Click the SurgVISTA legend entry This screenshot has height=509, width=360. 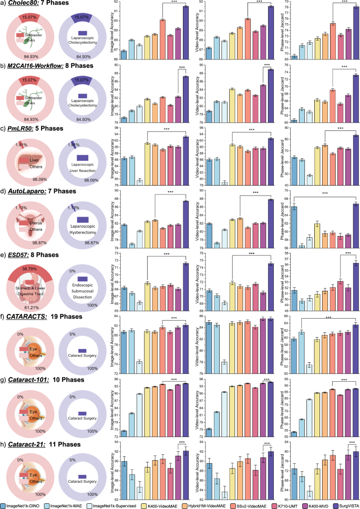(342, 504)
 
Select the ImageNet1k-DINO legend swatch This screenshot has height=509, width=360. (4, 504)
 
